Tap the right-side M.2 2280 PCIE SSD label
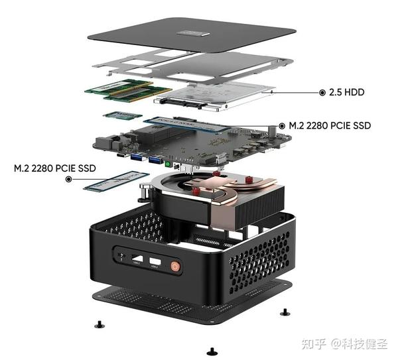[x=325, y=125]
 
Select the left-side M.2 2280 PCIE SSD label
[x=54, y=168]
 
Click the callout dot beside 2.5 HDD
[x=322, y=93]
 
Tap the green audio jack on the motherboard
[x=169, y=162]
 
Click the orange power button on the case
[x=175, y=267]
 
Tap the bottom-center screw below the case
[x=211, y=349]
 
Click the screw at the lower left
[x=99, y=324]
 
